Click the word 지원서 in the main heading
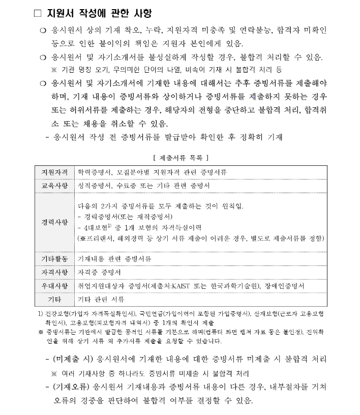pos(59,13)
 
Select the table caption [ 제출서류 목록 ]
pos(181,158)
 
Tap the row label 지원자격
pos(54,172)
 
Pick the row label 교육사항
pos(54,186)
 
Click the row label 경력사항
pos(54,222)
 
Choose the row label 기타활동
pos(54,259)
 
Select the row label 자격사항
pos(54,272)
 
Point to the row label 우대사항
pos(54,286)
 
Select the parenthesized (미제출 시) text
pos(70,359)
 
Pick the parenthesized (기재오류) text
pos(70,388)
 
